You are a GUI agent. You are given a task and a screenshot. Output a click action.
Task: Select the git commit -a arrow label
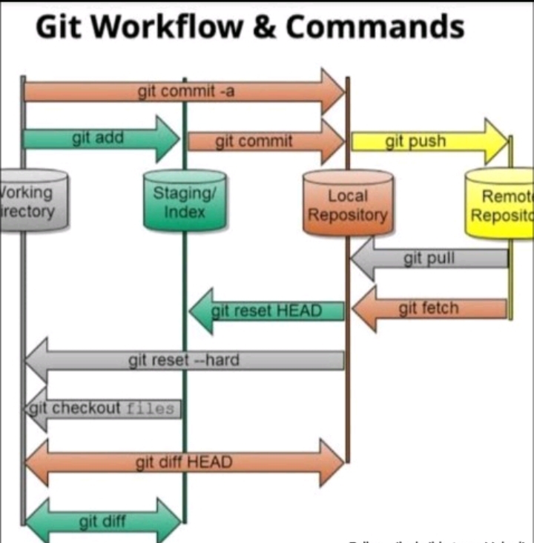186,92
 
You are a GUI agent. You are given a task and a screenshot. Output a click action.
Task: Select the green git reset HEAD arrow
267,311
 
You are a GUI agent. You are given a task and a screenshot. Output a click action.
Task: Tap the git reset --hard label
183,361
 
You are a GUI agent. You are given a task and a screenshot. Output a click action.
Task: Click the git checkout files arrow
103,408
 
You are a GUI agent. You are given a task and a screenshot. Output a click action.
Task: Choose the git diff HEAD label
183,463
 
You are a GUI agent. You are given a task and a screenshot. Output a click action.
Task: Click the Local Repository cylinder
347,204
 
